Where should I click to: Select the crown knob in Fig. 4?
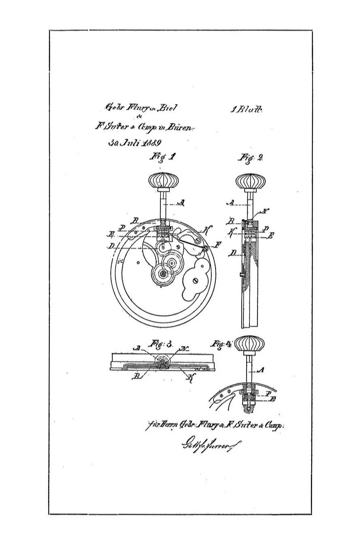(249, 345)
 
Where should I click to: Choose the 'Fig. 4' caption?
(221, 345)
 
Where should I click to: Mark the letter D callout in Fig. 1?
(111, 246)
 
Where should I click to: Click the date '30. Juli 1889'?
(135, 143)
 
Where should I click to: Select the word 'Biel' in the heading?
(167, 108)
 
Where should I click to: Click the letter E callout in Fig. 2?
(270, 236)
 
